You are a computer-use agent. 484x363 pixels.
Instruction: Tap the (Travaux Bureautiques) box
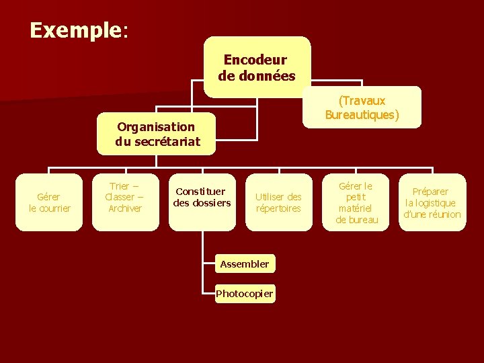point(362,108)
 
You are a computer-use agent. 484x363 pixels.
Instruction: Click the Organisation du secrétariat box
point(157,134)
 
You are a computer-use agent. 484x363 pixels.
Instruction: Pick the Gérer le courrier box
point(50,202)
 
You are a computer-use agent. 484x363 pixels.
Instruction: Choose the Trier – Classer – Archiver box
point(125,198)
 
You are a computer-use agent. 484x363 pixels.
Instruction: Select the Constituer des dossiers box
point(202,198)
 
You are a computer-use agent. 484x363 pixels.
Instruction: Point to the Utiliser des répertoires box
point(278,202)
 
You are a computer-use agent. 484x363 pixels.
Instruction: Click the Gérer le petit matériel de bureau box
point(357,202)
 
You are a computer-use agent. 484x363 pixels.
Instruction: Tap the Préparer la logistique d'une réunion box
point(432,202)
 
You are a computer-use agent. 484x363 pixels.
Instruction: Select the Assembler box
point(245,264)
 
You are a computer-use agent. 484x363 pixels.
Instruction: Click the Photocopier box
point(245,294)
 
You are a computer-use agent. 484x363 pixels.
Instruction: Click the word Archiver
point(125,208)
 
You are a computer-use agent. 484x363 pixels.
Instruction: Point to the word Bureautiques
point(362,115)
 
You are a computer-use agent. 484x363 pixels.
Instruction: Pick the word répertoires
point(278,208)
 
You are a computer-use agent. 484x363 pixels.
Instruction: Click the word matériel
point(357,208)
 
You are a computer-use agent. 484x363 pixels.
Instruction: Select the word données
point(266,75)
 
